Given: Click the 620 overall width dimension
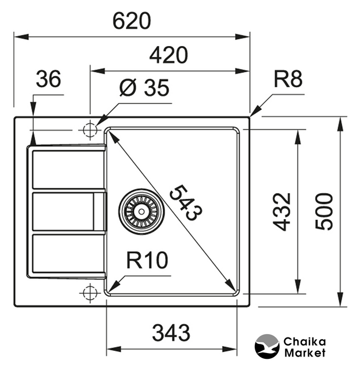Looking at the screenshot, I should (x=131, y=21).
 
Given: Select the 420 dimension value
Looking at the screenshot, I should (x=168, y=55).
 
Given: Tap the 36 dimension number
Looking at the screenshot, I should (x=48, y=80).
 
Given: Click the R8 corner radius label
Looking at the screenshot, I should (x=288, y=79).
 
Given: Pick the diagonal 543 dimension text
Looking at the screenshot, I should (x=185, y=202).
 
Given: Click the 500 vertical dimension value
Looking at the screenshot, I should (x=325, y=212).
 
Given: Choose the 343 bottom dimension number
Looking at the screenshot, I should (x=171, y=332).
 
